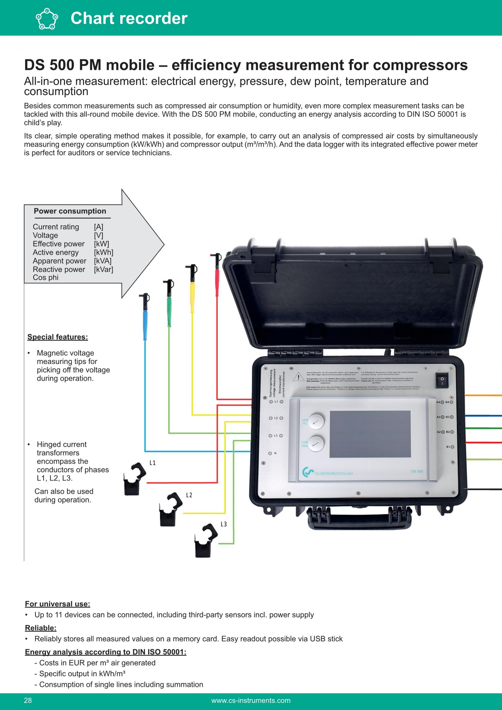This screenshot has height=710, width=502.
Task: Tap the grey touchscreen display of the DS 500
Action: [370, 434]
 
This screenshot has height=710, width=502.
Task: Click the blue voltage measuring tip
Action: [145, 315]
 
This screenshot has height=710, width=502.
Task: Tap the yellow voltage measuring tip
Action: [192, 286]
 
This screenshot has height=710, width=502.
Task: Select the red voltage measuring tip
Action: [217, 272]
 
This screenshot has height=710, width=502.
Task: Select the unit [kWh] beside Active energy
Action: [104, 252]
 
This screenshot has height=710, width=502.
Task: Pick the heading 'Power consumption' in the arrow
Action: [70, 211]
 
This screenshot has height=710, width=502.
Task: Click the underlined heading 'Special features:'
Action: [58, 337]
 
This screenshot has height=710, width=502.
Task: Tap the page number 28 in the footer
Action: [28, 700]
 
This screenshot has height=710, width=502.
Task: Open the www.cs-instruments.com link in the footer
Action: [251, 700]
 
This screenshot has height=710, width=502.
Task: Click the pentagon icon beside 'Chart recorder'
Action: [47, 18]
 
